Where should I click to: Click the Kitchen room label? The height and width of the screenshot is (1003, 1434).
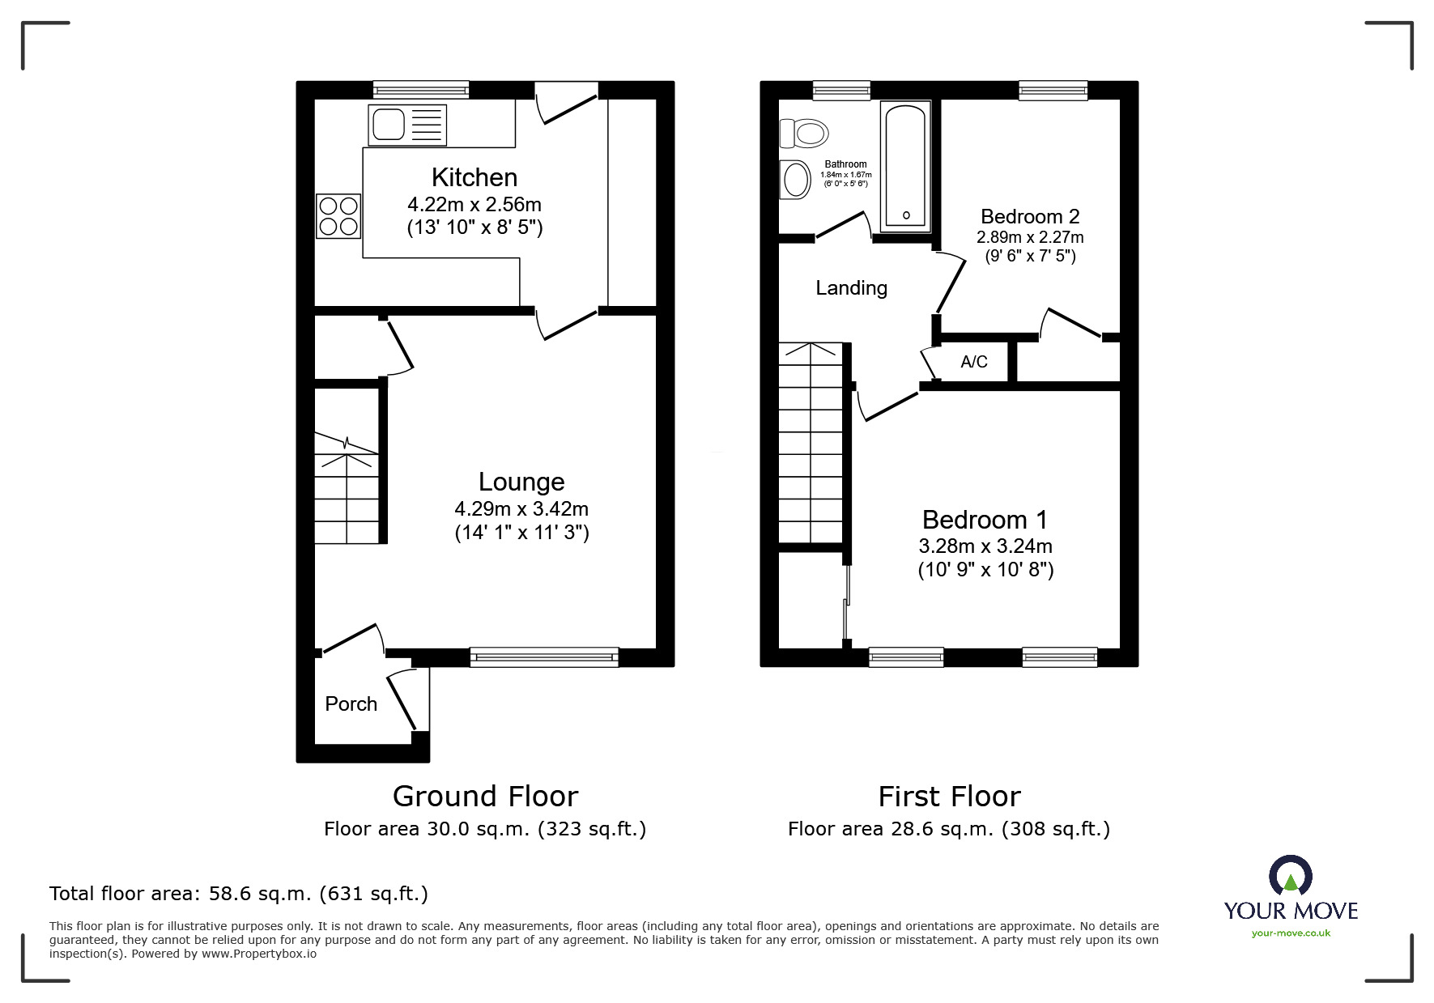474,177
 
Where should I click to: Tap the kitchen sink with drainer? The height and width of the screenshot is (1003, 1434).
407,125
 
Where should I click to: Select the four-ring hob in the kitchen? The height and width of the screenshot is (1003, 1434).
338,216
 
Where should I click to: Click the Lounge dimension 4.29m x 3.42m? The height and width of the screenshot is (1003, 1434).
521,509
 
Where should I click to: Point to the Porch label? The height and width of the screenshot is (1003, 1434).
351,704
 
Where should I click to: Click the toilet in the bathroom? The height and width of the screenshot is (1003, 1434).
803,132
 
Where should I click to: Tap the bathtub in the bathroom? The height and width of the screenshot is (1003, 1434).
905,166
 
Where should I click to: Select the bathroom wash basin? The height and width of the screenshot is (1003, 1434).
795,179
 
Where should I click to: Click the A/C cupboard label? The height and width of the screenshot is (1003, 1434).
974,362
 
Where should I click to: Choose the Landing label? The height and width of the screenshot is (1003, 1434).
851,288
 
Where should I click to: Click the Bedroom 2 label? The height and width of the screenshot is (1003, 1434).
1030,217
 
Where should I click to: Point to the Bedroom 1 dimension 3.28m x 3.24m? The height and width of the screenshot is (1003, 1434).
985,546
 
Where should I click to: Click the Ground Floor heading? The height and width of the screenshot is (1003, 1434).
485,797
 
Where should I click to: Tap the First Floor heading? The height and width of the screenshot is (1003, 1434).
949,797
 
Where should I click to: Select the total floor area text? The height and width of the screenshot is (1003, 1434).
239,894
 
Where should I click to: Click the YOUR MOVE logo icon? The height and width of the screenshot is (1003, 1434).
1290,876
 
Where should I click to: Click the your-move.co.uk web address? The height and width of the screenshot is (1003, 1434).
1291,933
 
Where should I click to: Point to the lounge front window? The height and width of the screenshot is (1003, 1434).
544,657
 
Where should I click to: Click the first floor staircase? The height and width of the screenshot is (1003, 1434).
811,443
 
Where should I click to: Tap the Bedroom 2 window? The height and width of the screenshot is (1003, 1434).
1053,90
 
